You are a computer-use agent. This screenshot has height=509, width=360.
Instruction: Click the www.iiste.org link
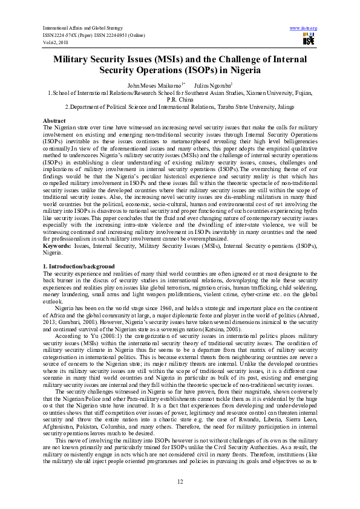(303, 28)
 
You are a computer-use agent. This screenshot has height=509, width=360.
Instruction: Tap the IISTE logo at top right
(309, 41)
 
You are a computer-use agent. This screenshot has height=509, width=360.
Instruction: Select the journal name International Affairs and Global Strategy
(82, 28)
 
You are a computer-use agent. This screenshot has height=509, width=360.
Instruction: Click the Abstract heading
(54, 120)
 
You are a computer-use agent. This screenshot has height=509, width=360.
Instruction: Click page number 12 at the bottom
(180, 481)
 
